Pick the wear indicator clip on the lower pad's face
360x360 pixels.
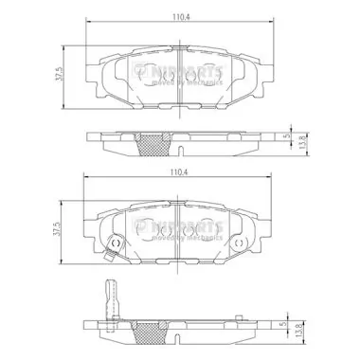[111, 246]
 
